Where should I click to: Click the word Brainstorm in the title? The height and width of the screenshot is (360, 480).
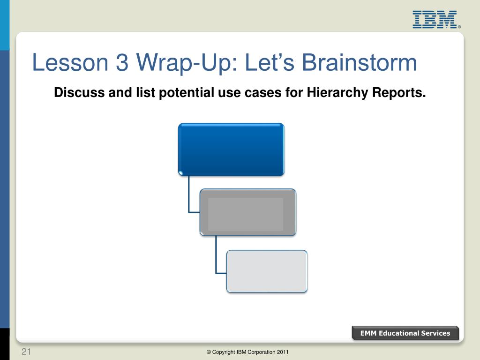pyautogui.click(x=360, y=62)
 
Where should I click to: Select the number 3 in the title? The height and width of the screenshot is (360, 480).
pyautogui.click(x=122, y=62)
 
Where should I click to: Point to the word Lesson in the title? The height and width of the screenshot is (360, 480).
pyautogui.click(x=70, y=62)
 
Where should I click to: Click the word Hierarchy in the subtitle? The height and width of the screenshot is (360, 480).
pyautogui.click(x=337, y=92)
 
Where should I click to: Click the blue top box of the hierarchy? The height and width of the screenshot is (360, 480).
pyautogui.click(x=231, y=150)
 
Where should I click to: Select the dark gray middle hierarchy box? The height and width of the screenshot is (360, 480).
pyautogui.click(x=248, y=212)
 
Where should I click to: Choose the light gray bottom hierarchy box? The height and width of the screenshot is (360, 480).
pyautogui.click(x=267, y=271)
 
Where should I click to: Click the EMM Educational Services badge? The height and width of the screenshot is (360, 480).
pyautogui.click(x=405, y=333)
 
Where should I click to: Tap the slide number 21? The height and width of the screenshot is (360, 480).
pyautogui.click(x=26, y=352)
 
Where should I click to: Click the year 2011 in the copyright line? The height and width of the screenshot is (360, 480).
pyautogui.click(x=283, y=352)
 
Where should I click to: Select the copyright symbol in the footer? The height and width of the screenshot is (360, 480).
pyautogui.click(x=209, y=352)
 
